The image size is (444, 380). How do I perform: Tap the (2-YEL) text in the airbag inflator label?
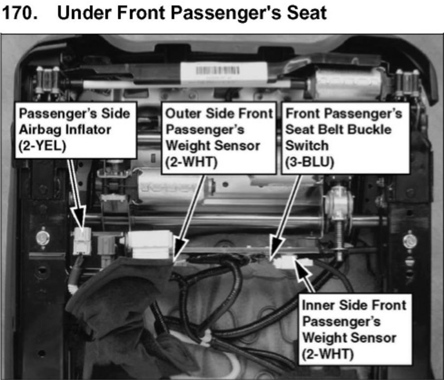[x=42, y=146]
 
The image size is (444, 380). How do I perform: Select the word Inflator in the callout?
[x=89, y=130]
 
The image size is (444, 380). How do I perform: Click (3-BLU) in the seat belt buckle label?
[x=310, y=162]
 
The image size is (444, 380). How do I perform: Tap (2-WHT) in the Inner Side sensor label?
[x=328, y=354]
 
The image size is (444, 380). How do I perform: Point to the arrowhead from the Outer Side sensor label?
[x=180, y=247]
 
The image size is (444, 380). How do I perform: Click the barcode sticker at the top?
[x=224, y=72]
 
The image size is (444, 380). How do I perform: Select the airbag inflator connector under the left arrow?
[x=82, y=241]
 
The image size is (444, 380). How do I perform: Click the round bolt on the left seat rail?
[x=43, y=237]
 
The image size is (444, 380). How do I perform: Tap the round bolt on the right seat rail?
[x=410, y=240]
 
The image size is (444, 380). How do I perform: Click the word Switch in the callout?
[x=307, y=146]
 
